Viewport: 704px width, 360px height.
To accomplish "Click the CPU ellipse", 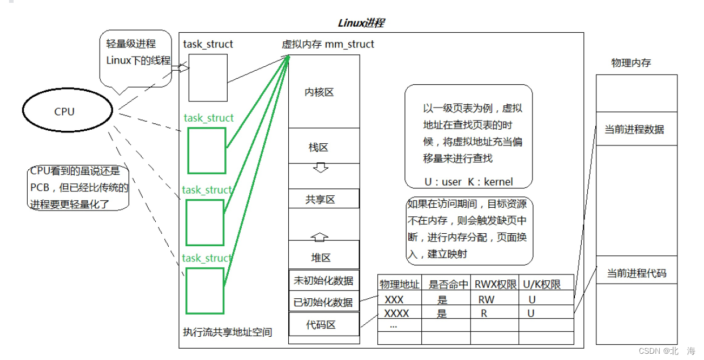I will (64, 112).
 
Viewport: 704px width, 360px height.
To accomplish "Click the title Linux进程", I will (361, 23).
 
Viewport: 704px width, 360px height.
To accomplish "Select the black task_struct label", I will (208, 44).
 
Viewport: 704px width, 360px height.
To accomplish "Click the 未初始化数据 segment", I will (324, 280).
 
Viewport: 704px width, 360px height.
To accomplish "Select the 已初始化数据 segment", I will (324, 302).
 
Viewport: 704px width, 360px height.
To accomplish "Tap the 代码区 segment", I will (324, 324).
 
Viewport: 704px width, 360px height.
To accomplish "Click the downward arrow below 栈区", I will (321, 168).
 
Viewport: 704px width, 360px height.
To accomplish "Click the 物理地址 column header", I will (399, 284).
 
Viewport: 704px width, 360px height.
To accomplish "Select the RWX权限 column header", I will (496, 284).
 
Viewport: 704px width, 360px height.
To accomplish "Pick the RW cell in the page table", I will (486, 300).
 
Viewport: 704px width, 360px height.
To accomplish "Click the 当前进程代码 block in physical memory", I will (636, 273).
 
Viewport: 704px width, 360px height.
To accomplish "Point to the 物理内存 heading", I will (631, 63).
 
